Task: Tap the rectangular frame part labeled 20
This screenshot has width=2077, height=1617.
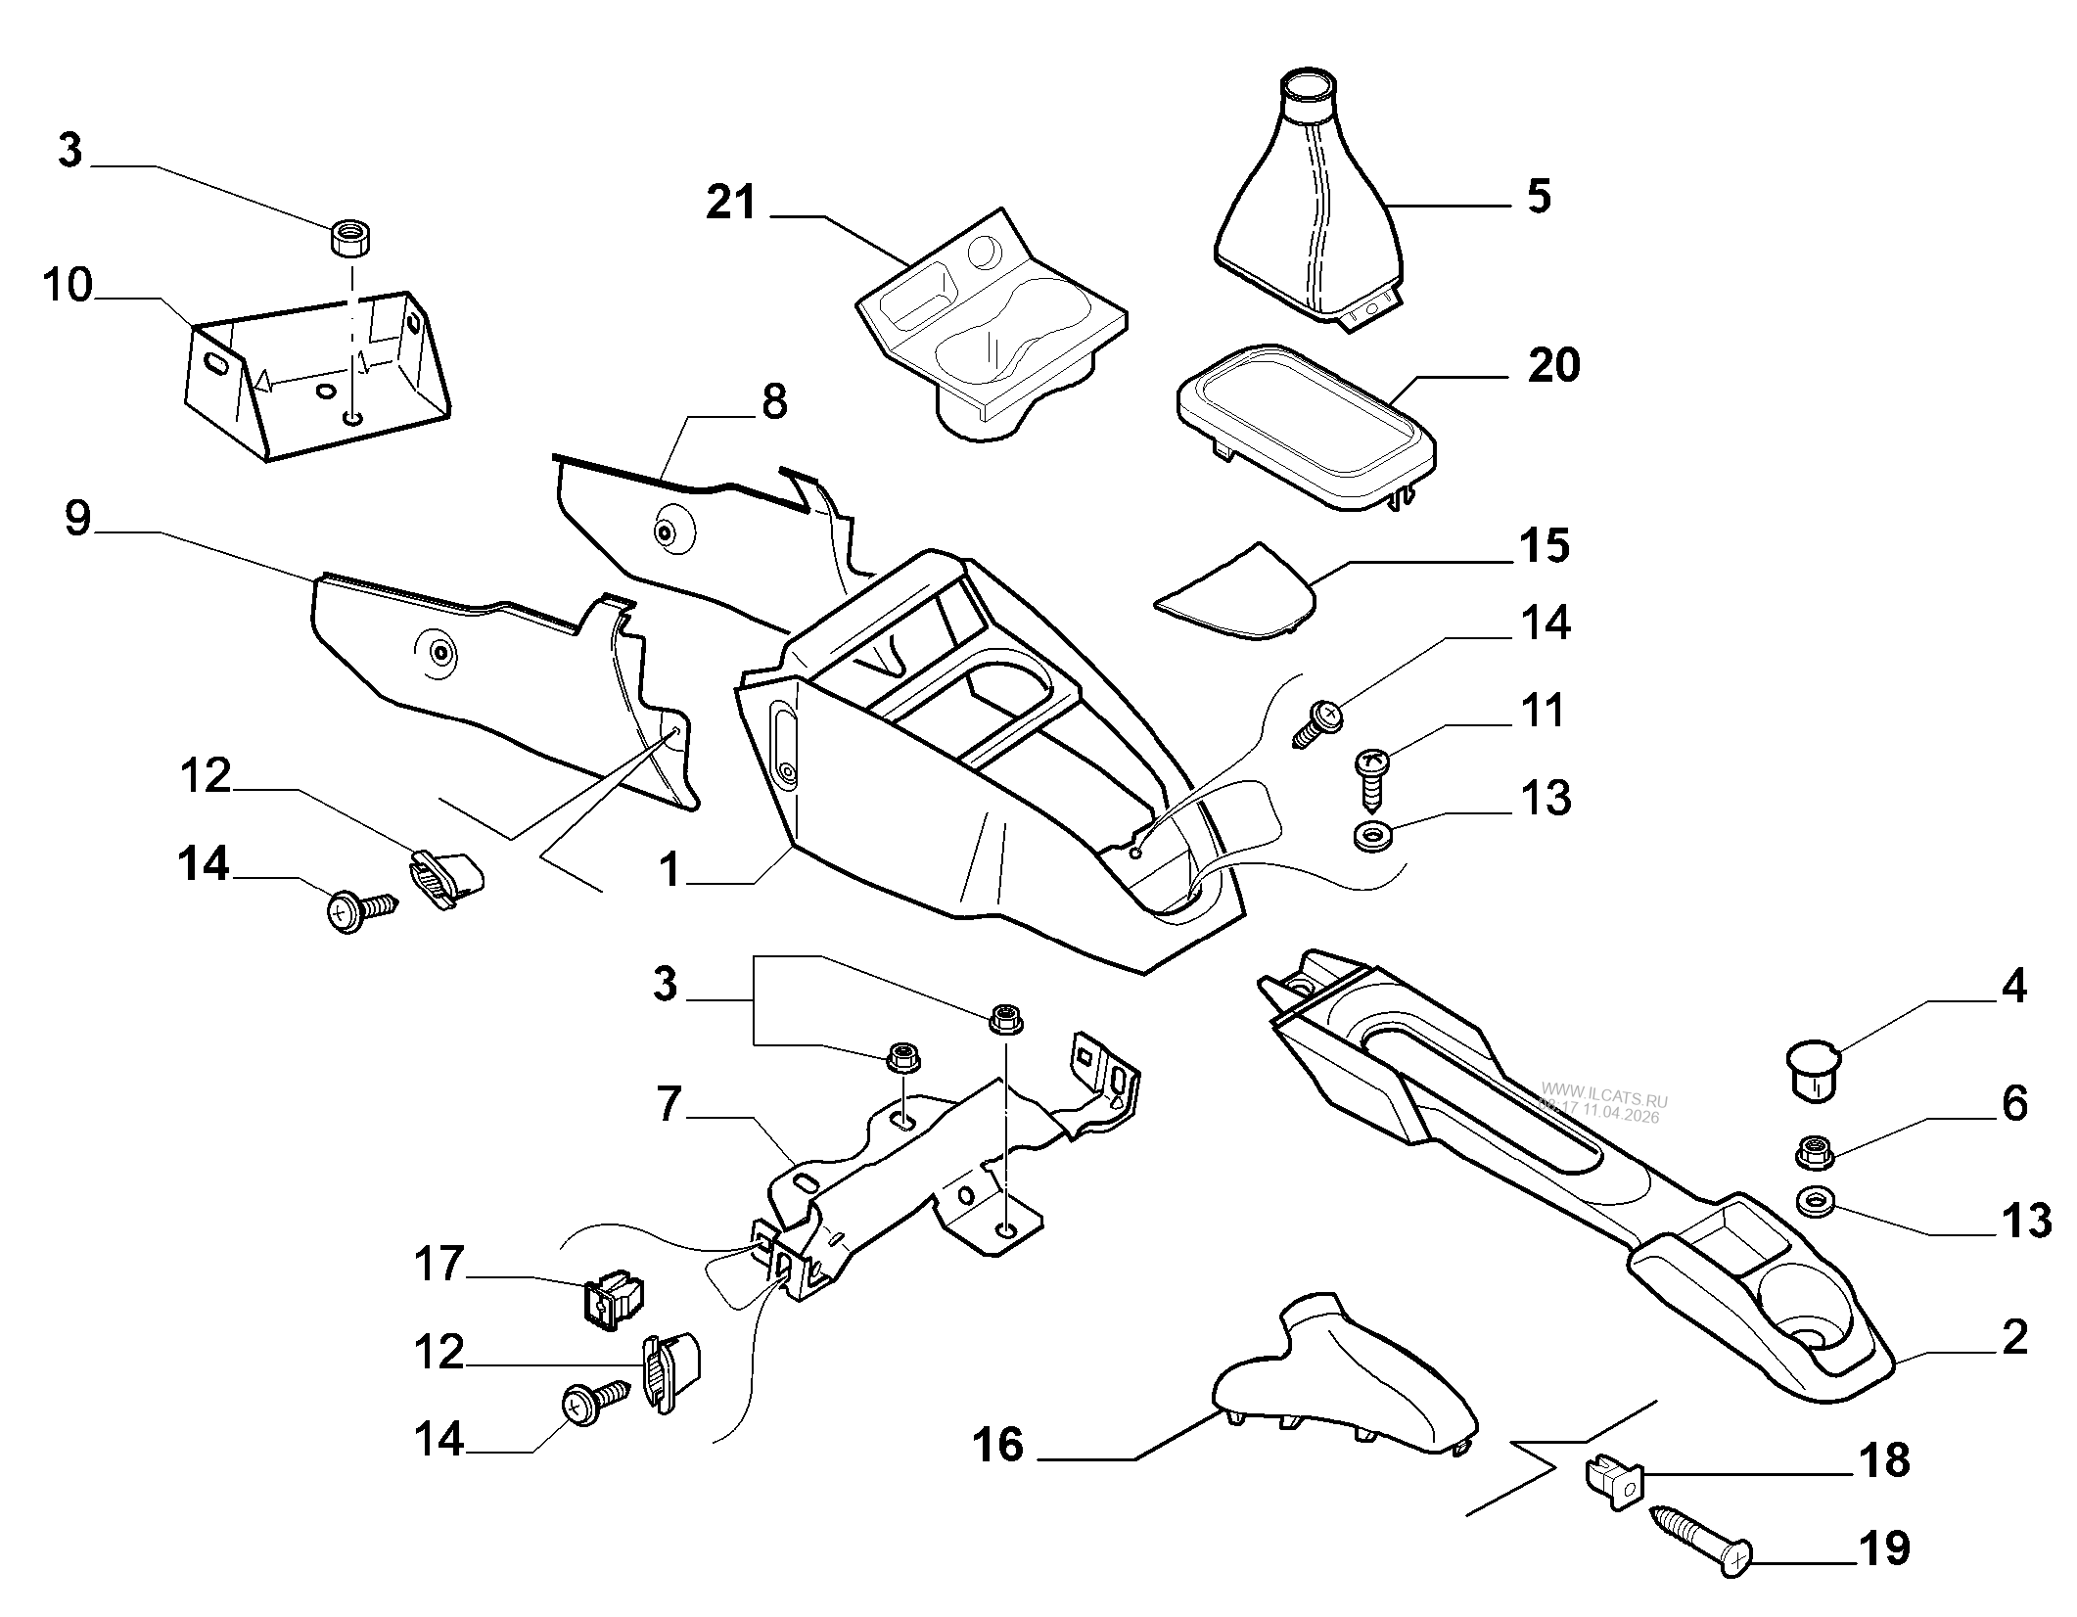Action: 1307,426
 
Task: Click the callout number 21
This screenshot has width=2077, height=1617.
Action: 732,203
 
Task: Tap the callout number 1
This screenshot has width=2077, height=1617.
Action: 669,869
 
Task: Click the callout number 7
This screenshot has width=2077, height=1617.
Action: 669,1103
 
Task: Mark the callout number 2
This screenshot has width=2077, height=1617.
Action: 2014,1338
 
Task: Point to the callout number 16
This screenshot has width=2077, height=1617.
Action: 998,1445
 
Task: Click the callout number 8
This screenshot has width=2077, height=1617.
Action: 773,401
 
